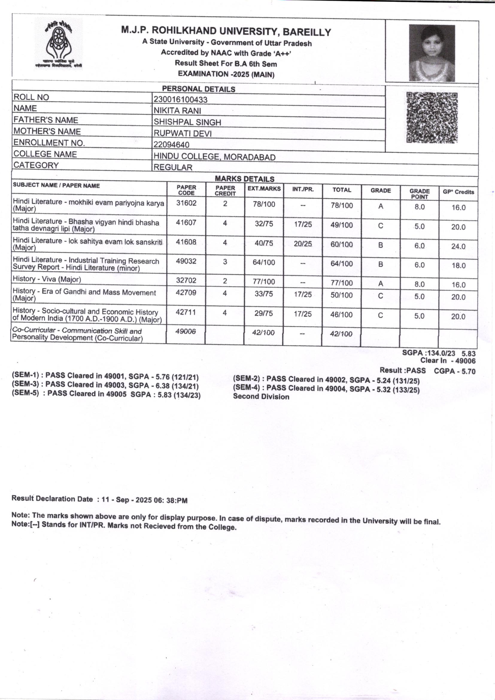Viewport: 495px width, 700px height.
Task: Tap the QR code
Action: pos(432,118)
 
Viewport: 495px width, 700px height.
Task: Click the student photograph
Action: pos(432,53)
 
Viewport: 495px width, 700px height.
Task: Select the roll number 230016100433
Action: pos(180,99)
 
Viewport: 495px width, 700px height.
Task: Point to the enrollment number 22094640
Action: pos(171,145)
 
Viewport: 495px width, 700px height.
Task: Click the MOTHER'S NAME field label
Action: pos(47,131)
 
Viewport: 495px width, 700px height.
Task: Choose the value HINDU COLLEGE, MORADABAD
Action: pos(214,157)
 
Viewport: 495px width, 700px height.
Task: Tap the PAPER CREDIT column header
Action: pos(225,190)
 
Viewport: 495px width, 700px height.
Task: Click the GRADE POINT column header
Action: pos(419,194)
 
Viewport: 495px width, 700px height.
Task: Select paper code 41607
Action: pos(186,222)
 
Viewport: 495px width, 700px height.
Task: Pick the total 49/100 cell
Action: pos(342,225)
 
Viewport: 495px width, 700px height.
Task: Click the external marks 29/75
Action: pos(264,313)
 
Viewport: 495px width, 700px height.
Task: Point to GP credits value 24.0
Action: pos(458,246)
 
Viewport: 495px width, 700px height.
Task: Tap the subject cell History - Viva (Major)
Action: pos(47,279)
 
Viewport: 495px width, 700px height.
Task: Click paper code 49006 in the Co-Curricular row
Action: pos(185,331)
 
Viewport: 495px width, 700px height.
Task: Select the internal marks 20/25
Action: pos(303,244)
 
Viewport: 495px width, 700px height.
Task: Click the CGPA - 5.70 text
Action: pos(455,371)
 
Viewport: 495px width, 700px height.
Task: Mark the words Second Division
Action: pos(261,397)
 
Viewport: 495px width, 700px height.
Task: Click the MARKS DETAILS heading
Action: pos(245,179)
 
